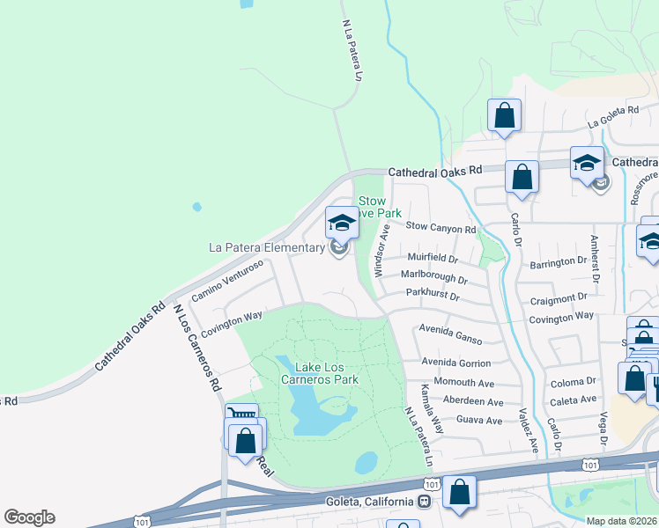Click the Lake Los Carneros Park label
(315, 373)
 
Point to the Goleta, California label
(366, 502)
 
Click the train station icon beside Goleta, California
(424, 502)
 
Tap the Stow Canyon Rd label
(441, 226)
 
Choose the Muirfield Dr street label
(433, 259)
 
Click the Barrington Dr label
(558, 261)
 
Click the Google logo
(29, 517)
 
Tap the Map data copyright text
(622, 521)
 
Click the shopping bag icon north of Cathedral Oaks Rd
(504, 115)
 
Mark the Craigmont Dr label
(559, 298)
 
